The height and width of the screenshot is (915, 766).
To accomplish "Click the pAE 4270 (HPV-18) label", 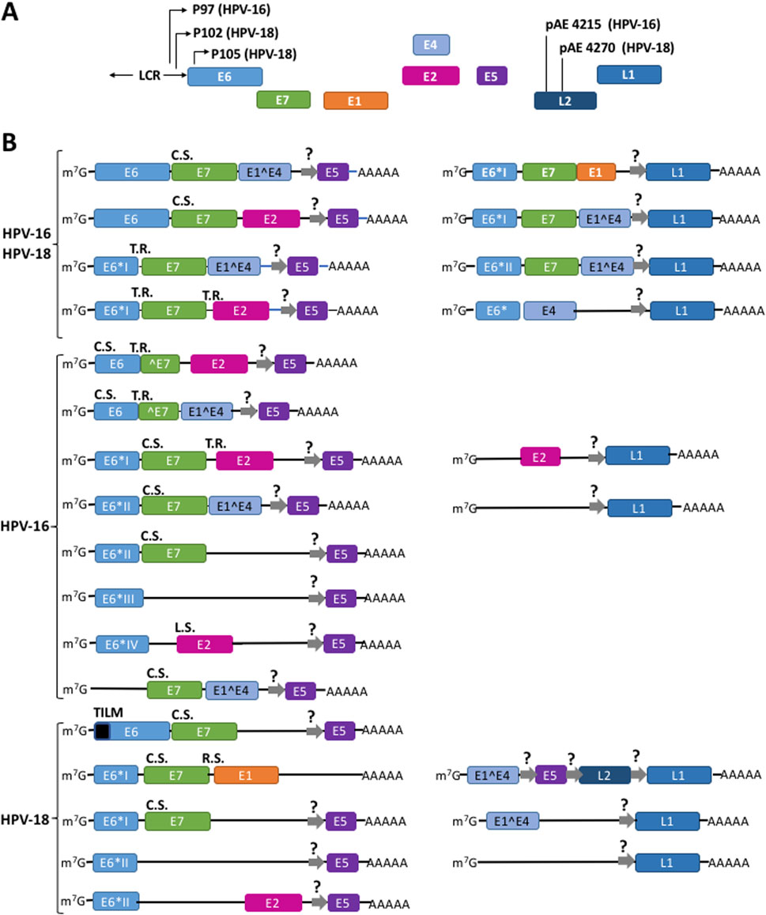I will (x=617, y=47).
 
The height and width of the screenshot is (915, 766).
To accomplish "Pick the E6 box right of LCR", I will (x=225, y=76).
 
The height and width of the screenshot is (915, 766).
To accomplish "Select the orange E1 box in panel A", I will (x=355, y=100).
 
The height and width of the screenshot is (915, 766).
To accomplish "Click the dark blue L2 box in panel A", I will (x=565, y=100).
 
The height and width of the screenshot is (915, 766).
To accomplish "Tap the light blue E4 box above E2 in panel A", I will (x=432, y=45).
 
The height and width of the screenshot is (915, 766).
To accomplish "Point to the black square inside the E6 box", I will (x=102, y=732).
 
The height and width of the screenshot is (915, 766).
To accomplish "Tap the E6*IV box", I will (x=122, y=645).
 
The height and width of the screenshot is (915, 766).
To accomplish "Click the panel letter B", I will (x=10, y=144).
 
